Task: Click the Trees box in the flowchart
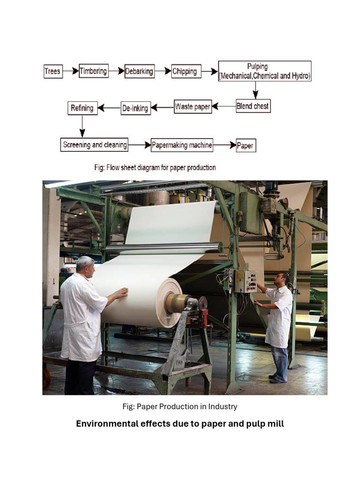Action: click(x=53, y=71)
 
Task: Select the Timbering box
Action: click(x=93, y=71)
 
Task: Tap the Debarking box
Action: click(x=139, y=71)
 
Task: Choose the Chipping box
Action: click(x=186, y=71)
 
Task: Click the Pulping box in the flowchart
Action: click(x=265, y=71)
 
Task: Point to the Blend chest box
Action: click(x=253, y=106)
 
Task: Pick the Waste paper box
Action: click(x=193, y=107)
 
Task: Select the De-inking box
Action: click(x=135, y=108)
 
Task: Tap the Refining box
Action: click(x=82, y=108)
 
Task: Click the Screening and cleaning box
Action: click(x=95, y=145)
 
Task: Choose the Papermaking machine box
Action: click(x=182, y=145)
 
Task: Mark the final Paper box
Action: click(x=245, y=146)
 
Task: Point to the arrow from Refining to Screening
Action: click(x=82, y=126)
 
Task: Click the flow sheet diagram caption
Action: click(x=155, y=167)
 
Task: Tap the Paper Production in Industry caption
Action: click(x=180, y=406)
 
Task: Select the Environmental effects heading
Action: click(x=180, y=424)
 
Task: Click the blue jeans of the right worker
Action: click(x=280, y=363)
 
